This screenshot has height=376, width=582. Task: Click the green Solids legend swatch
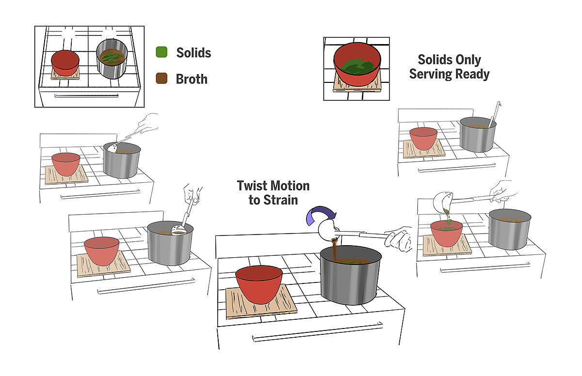point(162,52)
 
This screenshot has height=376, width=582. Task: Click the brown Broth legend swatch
point(162,78)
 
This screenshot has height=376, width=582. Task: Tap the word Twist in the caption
point(253,186)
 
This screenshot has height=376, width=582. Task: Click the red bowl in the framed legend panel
point(65,62)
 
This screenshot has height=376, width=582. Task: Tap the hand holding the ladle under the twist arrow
point(400,239)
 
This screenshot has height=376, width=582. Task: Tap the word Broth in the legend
point(192,78)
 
